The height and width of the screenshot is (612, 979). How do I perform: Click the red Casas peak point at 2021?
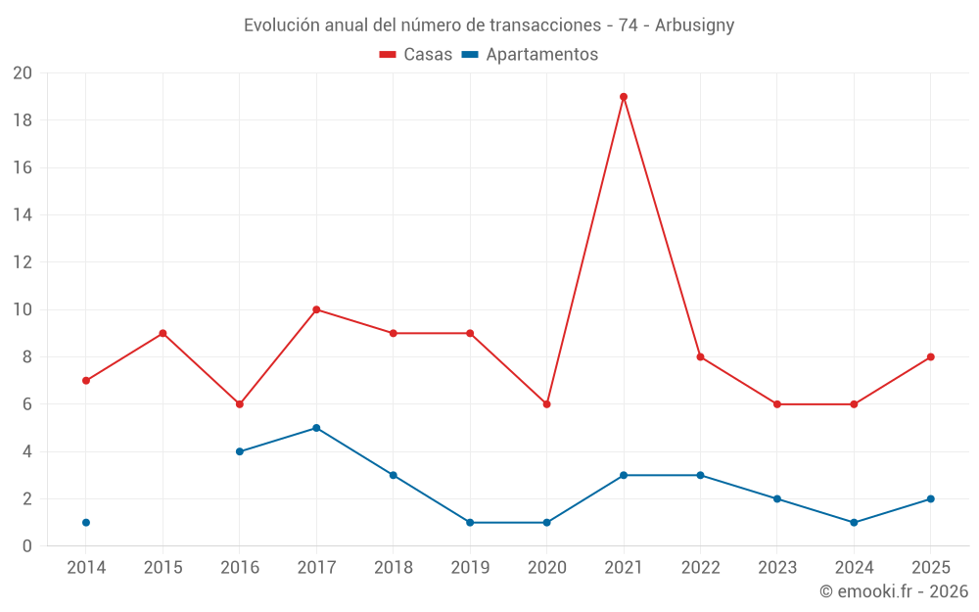(x=624, y=97)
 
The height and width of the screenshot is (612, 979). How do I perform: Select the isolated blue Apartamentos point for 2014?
(x=86, y=522)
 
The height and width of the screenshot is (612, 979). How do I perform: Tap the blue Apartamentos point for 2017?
(x=316, y=428)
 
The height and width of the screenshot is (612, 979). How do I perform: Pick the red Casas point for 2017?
(x=316, y=309)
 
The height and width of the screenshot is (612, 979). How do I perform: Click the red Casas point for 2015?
(x=163, y=333)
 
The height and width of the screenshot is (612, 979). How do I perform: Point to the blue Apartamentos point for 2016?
(x=240, y=451)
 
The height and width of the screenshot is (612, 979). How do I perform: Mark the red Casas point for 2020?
(x=546, y=403)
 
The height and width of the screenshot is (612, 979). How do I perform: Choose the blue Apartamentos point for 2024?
(x=854, y=522)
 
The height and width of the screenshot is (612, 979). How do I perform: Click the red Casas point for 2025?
(x=931, y=356)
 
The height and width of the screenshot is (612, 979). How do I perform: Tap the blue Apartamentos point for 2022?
(x=700, y=475)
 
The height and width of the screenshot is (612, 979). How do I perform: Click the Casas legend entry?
(x=416, y=55)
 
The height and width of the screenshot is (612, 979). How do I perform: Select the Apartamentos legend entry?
(x=530, y=55)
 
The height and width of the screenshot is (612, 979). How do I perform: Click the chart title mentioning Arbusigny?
(x=489, y=25)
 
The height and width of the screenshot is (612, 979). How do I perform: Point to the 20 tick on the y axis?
(x=23, y=73)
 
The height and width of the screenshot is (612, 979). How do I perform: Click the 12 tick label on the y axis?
(x=23, y=262)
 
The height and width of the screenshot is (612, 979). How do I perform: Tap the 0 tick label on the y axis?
(x=27, y=545)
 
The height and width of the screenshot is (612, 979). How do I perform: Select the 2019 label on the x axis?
(x=470, y=568)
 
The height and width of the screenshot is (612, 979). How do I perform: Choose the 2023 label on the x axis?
(x=777, y=568)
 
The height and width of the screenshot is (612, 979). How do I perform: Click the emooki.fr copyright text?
(x=894, y=591)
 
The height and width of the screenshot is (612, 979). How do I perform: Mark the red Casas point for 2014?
(x=86, y=380)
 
